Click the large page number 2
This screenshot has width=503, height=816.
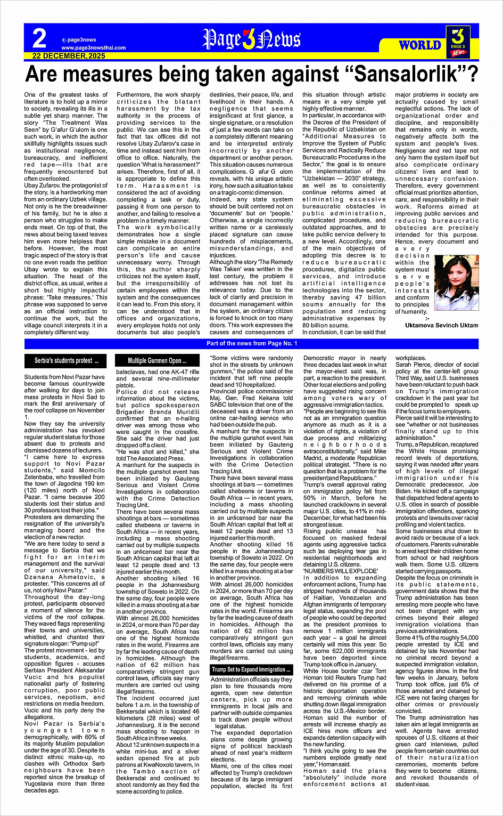[39, 39]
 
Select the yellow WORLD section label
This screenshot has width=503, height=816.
[420, 45]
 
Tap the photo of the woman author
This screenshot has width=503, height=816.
[456, 283]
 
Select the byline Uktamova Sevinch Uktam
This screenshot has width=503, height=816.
[441, 325]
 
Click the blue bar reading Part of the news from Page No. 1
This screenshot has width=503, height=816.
[251, 344]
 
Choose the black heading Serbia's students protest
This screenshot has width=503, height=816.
[67, 361]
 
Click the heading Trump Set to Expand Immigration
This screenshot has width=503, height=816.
[251, 669]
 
